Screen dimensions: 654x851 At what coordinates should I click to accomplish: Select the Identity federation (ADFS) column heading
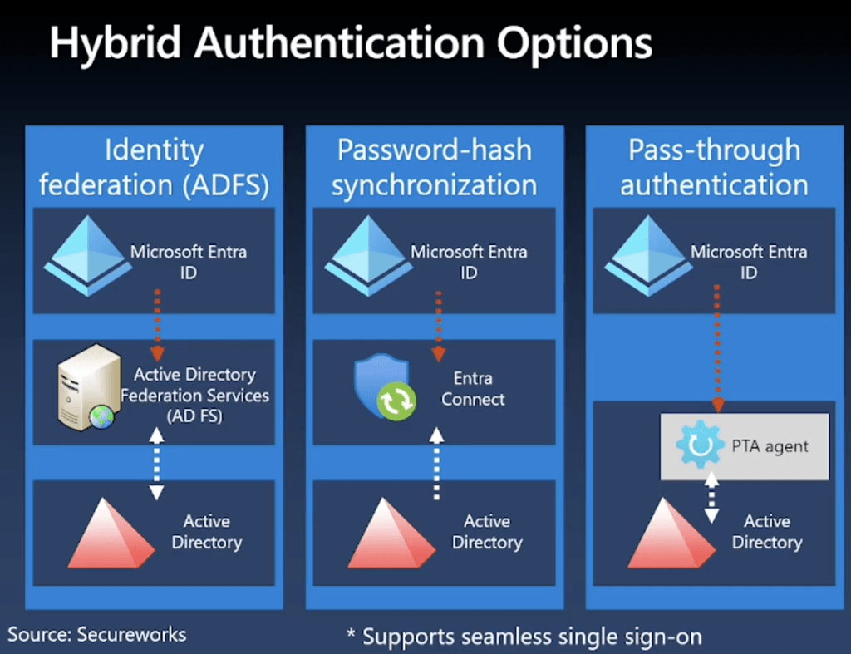tap(155, 168)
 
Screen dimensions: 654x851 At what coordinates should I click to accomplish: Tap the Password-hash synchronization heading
tap(435, 168)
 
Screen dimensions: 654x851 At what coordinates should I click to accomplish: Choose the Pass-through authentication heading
tap(714, 168)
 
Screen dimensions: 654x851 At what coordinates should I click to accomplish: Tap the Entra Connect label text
tap(473, 389)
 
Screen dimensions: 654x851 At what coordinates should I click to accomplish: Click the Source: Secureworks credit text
tap(97, 634)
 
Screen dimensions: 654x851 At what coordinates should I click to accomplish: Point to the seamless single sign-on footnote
tap(524, 637)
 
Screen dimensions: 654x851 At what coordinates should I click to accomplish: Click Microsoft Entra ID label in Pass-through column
tap(749, 261)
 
